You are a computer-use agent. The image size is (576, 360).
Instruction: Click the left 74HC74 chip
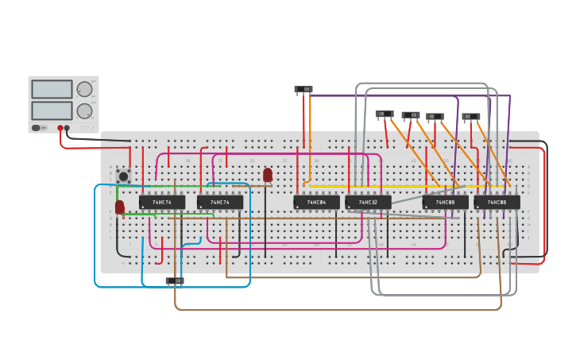tap(162, 203)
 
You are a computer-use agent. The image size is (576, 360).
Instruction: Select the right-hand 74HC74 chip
tap(220, 203)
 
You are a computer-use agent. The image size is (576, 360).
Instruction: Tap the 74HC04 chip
tap(316, 203)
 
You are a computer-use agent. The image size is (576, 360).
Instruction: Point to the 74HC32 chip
tap(368, 203)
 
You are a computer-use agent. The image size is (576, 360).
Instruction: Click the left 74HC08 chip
tap(445, 203)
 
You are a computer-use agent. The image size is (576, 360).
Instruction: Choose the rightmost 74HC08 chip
tap(497, 203)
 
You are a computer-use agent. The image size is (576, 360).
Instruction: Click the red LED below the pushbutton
tap(120, 207)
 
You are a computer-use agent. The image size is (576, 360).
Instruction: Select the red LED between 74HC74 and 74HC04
tap(268, 174)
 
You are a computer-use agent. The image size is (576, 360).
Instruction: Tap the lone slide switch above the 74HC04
tap(303, 90)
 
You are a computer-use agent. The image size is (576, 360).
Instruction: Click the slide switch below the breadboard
tap(174, 281)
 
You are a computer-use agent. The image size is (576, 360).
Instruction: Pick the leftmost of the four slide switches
tap(385, 114)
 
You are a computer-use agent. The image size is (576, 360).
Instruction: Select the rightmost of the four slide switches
tap(471, 117)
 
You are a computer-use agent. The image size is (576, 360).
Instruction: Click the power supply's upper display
tap(52, 89)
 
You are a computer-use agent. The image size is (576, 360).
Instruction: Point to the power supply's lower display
tap(52, 110)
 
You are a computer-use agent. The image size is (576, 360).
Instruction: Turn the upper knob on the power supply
tap(84, 89)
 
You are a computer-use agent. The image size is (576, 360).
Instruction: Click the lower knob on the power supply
tap(84, 110)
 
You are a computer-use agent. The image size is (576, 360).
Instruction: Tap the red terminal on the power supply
tap(60, 128)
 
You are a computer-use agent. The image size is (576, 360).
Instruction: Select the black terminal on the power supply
tap(67, 128)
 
